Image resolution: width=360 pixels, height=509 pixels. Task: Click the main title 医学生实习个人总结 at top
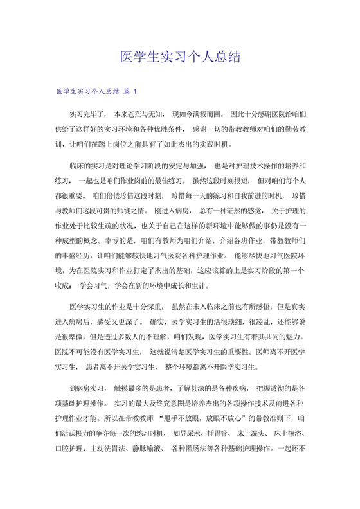[180, 57]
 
